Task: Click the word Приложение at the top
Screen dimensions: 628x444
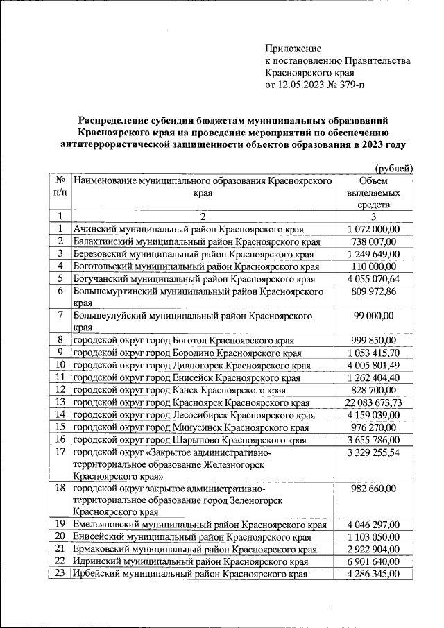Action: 293,49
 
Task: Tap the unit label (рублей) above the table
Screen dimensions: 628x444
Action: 393,168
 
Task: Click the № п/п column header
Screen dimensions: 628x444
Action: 60,186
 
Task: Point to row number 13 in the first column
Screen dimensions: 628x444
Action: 60,402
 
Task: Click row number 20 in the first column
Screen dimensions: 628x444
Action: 60,536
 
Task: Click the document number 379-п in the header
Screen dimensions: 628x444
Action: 349,85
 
